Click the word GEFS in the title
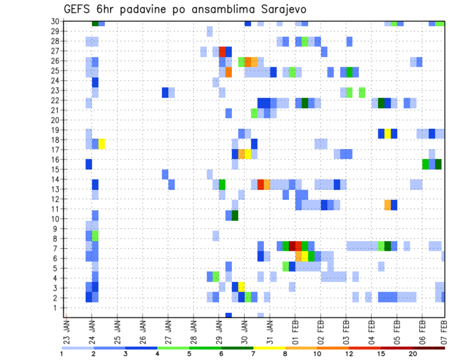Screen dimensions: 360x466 [79, 9]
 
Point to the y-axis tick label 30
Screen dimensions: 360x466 [55, 21]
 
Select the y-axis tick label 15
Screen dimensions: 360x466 [55, 169]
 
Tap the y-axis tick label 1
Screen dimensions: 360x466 [57, 308]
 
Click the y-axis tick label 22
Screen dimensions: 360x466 [55, 100]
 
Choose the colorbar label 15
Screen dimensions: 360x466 [381, 353]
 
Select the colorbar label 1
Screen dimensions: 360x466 [62, 353]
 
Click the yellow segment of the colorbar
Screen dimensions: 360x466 [269, 347]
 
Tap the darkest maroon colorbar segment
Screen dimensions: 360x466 [429, 347]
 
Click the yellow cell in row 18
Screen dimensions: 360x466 [101, 144]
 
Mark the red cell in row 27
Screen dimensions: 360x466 [222, 51]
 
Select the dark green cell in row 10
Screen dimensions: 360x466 [235, 215]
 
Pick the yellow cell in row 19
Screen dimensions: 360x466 [387, 133]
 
